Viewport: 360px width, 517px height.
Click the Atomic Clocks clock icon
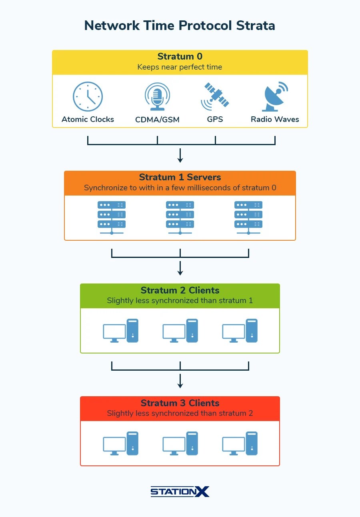(x=88, y=96)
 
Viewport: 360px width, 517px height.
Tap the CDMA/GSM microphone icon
(x=157, y=96)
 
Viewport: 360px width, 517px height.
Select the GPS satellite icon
(x=215, y=96)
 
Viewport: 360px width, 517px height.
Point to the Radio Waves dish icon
(x=275, y=96)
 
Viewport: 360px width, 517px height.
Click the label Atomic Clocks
(x=88, y=119)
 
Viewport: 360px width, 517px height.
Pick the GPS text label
(x=215, y=119)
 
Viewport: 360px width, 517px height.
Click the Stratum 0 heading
(x=180, y=56)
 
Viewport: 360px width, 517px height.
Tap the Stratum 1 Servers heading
(x=180, y=177)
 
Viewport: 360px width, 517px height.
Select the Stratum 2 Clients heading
(x=180, y=290)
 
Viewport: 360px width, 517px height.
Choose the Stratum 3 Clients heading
(x=180, y=403)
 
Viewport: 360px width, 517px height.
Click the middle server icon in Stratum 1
(x=180, y=218)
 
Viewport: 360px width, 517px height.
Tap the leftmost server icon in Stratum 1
(x=112, y=218)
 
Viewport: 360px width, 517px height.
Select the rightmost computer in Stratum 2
(x=240, y=331)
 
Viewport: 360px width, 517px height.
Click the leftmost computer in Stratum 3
(x=121, y=443)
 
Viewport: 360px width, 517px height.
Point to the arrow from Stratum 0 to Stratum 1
(x=180, y=156)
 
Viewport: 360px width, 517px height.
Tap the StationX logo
(x=180, y=491)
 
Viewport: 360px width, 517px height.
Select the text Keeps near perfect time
(x=180, y=67)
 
